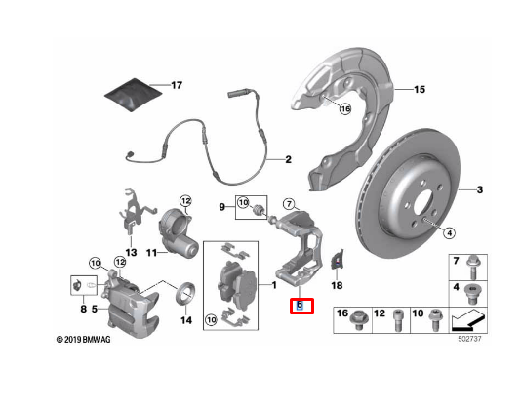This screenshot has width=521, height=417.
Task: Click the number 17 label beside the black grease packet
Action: pos(177,86)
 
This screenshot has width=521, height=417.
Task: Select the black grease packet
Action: pos(134,95)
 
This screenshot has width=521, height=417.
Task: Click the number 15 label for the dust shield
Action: pos(420,89)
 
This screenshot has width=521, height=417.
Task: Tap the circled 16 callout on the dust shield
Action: pos(345,108)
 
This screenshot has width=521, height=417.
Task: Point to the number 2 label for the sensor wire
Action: pos(289,159)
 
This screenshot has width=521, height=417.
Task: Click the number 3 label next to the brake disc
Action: pos(480,189)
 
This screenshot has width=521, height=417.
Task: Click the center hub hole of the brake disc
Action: pos(422,202)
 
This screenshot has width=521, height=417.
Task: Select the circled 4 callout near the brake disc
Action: pos(449,233)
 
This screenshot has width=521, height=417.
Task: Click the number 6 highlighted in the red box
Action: pos(300,305)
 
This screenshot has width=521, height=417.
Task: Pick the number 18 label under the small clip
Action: pos(337,285)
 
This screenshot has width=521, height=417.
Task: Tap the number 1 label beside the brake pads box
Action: pos(274,285)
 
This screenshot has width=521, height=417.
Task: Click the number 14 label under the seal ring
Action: pos(186,320)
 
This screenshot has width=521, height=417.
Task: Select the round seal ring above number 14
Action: pos(185,294)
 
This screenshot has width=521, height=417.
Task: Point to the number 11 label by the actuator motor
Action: pos(151,253)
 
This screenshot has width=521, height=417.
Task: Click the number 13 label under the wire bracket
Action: pos(132,252)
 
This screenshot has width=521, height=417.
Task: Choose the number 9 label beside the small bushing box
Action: pos(221,207)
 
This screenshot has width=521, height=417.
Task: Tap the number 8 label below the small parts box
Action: pos(83,309)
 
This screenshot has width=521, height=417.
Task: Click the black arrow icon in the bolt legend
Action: pos(466,320)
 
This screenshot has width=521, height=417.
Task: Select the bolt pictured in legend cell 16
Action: pos(359,319)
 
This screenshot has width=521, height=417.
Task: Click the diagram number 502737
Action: pos(469,339)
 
